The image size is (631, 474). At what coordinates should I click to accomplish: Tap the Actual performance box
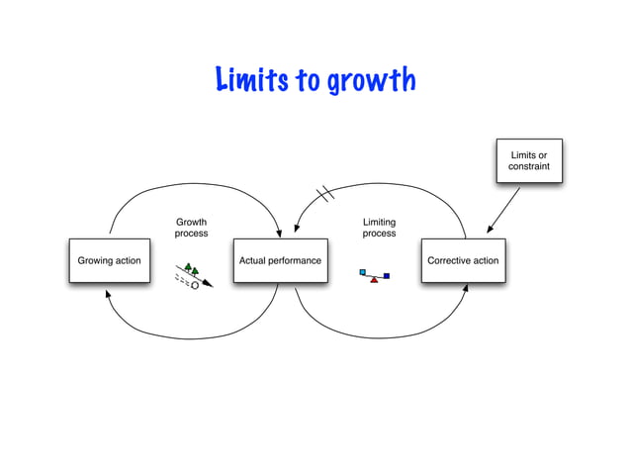pyautogui.click(x=280, y=261)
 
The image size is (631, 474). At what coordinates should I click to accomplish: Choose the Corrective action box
pyautogui.click(x=462, y=261)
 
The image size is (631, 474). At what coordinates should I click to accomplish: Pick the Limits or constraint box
pyautogui.click(x=529, y=161)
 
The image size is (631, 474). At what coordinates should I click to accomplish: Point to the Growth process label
pyautogui.click(x=191, y=229)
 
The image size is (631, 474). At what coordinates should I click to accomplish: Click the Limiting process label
pyautogui.click(x=379, y=229)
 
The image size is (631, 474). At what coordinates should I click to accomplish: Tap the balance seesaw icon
pyautogui.click(x=375, y=275)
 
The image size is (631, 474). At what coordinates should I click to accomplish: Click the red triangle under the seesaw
pyautogui.click(x=374, y=280)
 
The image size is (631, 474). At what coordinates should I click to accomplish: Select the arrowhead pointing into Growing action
pyautogui.click(x=107, y=294)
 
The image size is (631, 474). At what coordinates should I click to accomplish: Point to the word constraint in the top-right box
pyautogui.click(x=529, y=167)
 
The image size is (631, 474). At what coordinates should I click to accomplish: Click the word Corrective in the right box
pyautogui.click(x=448, y=261)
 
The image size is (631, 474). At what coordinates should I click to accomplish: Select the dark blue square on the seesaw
pyautogui.click(x=387, y=275)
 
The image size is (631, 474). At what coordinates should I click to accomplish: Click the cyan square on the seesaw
pyautogui.click(x=363, y=270)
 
